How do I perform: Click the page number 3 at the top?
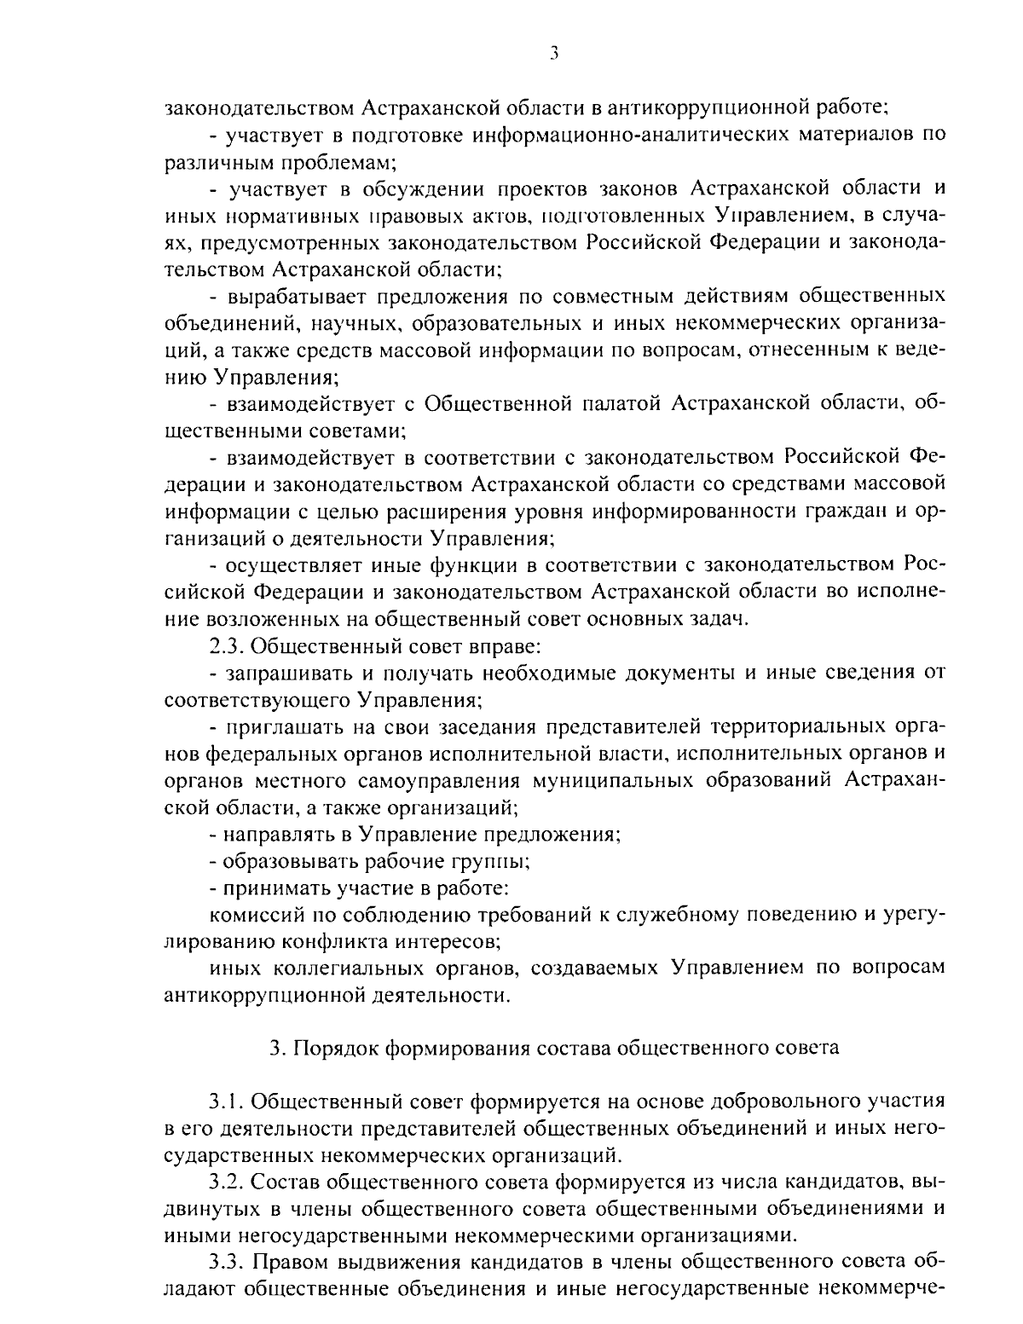[x=553, y=54]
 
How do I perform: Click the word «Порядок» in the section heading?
[x=337, y=1048]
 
